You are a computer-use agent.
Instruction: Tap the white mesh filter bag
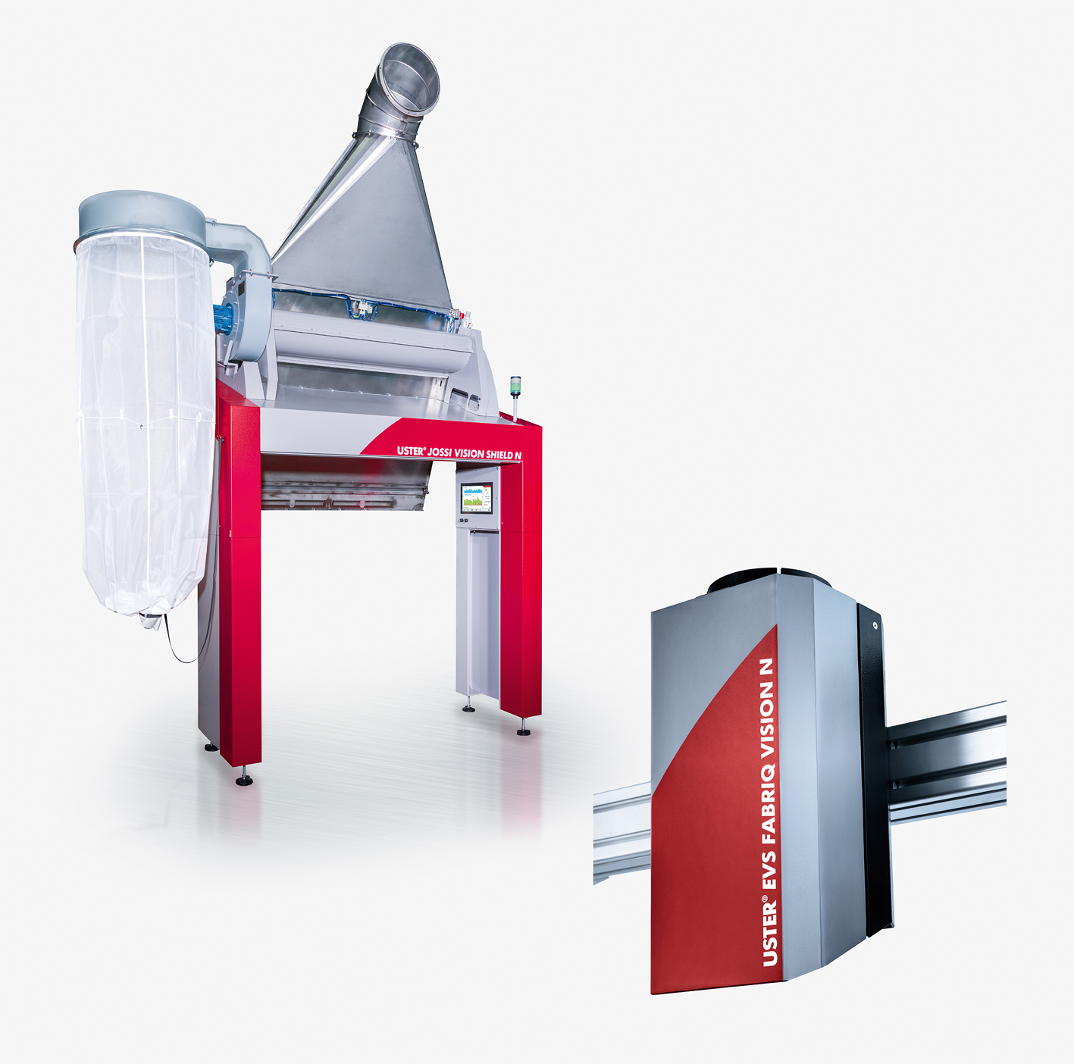tap(145, 424)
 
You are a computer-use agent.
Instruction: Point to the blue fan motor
tap(222, 319)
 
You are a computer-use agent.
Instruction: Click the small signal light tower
tap(515, 397)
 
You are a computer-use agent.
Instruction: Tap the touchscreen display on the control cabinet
tap(477, 498)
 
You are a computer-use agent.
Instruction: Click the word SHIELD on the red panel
tap(499, 455)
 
